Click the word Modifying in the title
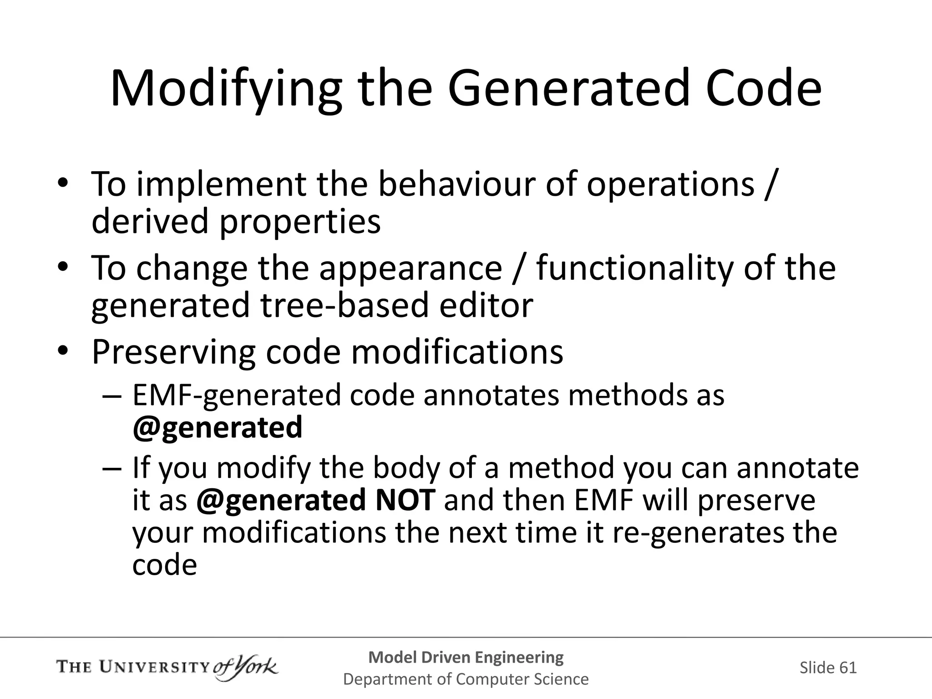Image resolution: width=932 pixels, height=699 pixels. click(x=226, y=90)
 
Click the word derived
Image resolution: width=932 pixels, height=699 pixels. click(x=150, y=221)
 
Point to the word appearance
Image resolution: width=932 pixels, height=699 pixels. click(x=410, y=268)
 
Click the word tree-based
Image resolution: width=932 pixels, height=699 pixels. click(x=344, y=305)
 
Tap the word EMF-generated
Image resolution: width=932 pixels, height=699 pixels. click(x=237, y=395)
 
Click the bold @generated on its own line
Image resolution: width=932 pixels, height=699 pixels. click(x=218, y=427)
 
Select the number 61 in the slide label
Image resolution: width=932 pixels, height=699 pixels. click(x=848, y=668)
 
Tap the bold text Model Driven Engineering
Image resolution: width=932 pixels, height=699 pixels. click(x=466, y=657)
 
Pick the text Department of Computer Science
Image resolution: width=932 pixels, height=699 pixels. click(x=466, y=679)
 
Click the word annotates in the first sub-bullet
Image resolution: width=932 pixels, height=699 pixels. click(x=491, y=395)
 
